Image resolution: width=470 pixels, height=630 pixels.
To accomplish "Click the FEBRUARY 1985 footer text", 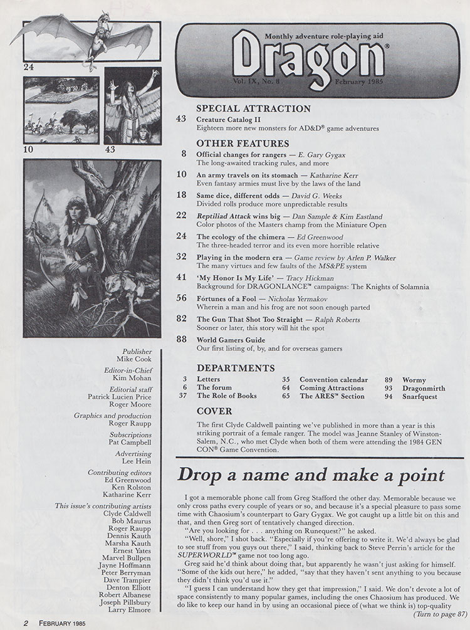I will click(x=60, y=623).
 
